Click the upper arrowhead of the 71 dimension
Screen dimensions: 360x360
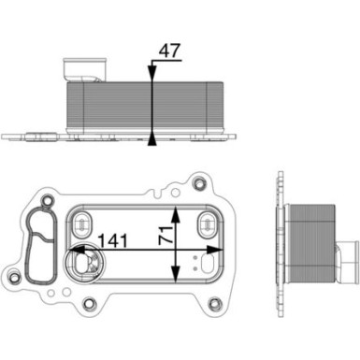pyautogui.click(x=175, y=207)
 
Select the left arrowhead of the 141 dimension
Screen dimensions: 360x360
pyautogui.click(x=76, y=250)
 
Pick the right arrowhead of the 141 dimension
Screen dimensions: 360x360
pyautogui.click(x=223, y=250)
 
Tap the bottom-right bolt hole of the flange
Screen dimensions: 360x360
pyautogui.click(x=217, y=302)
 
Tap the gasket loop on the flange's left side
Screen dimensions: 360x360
pyautogui.click(x=40, y=245)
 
